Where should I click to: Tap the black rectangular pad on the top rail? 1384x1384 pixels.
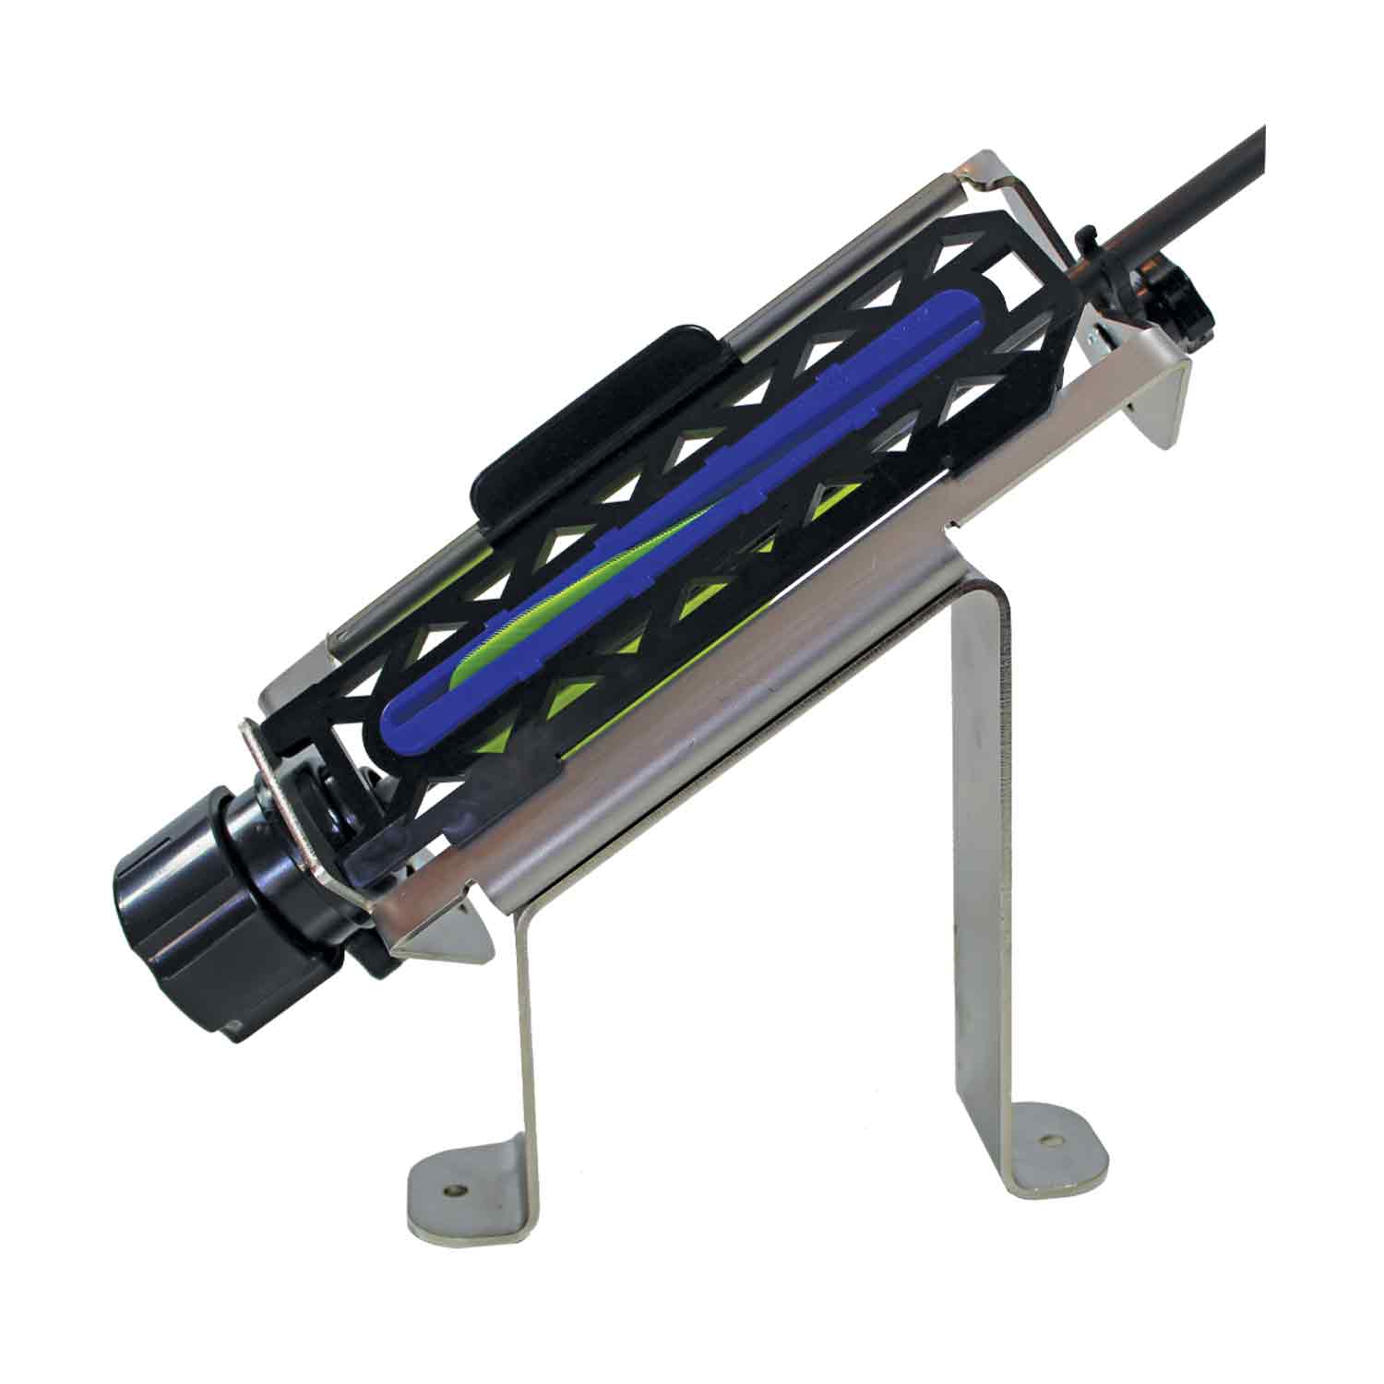pyautogui.click(x=591, y=415)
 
